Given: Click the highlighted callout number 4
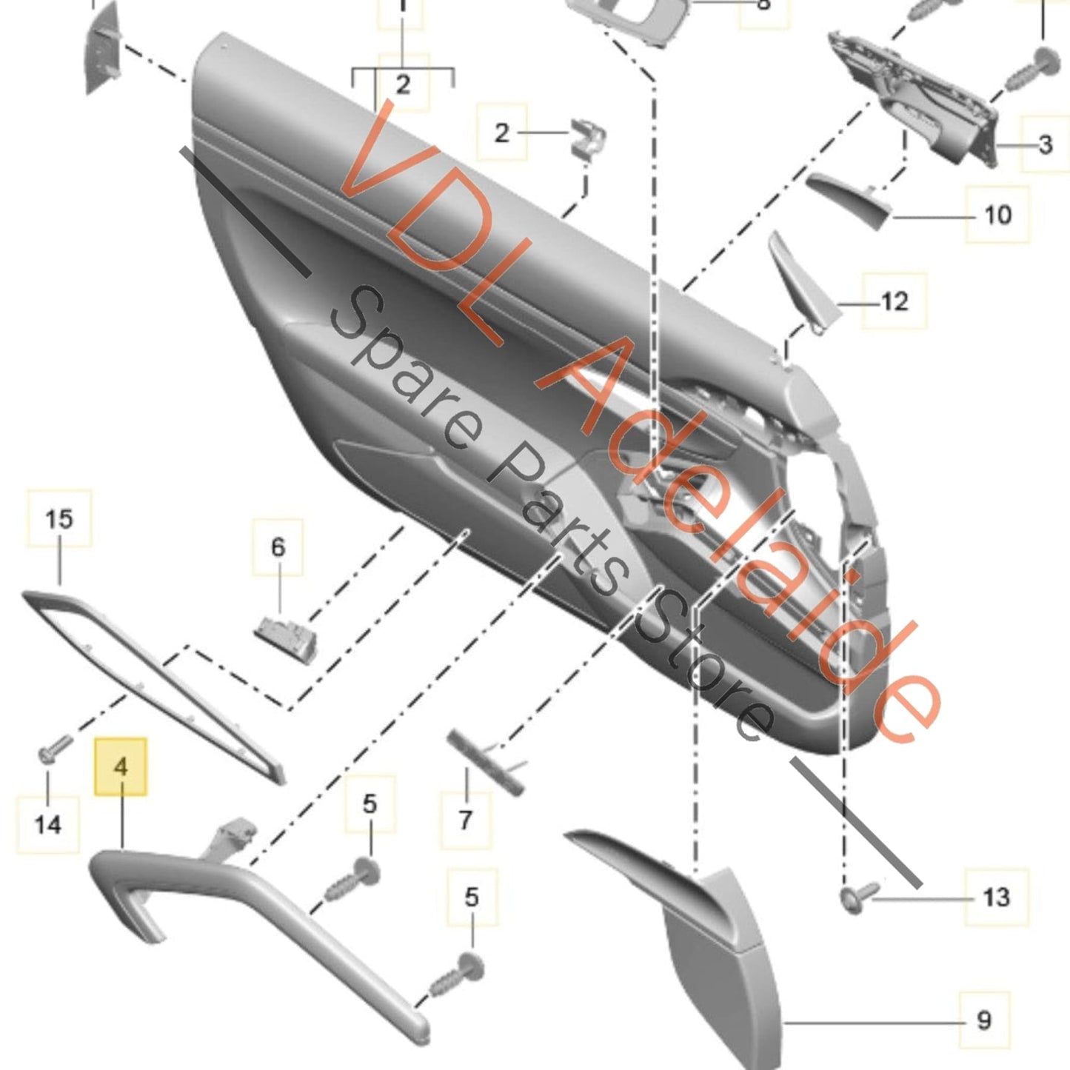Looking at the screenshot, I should (x=121, y=766).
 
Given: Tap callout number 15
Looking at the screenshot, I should (x=59, y=518).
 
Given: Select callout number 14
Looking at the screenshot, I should (x=48, y=823).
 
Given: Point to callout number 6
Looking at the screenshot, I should (x=278, y=547).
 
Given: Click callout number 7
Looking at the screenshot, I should (x=465, y=820).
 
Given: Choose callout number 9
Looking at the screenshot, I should (x=983, y=1020).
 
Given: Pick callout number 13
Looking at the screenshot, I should (x=996, y=897).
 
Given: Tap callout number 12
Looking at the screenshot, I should (x=895, y=301).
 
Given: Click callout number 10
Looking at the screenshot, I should (x=997, y=215).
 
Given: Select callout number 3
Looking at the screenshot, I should (x=1045, y=144).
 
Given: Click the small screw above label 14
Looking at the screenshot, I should (x=55, y=747).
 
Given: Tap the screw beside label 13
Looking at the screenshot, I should (x=858, y=897).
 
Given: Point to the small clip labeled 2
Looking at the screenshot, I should (x=588, y=139).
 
